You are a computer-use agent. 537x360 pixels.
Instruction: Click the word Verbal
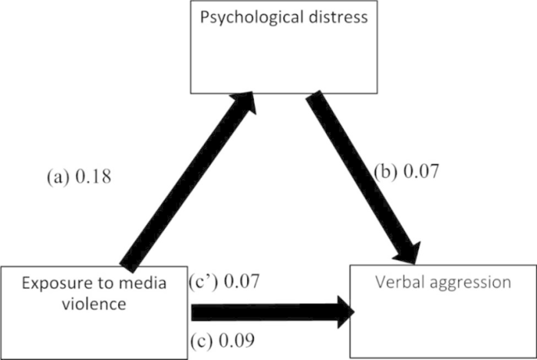tap(396, 282)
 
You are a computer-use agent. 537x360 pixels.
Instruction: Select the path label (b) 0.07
tap(406, 171)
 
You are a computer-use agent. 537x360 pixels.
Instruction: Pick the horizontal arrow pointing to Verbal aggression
tap(268, 312)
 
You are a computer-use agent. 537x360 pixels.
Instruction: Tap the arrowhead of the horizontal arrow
tap(341, 312)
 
